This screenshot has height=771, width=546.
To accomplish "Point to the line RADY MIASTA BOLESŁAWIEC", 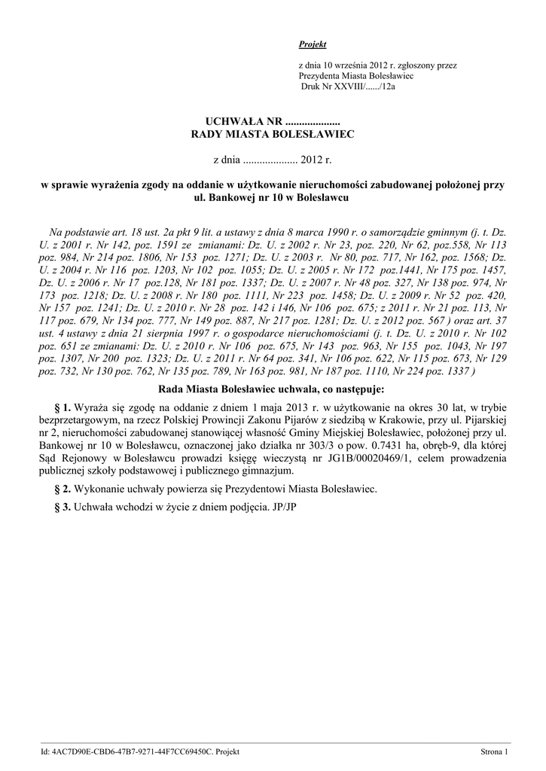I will pos(273,133).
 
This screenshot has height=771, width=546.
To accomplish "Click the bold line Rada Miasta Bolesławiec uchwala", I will pos(273,390).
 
